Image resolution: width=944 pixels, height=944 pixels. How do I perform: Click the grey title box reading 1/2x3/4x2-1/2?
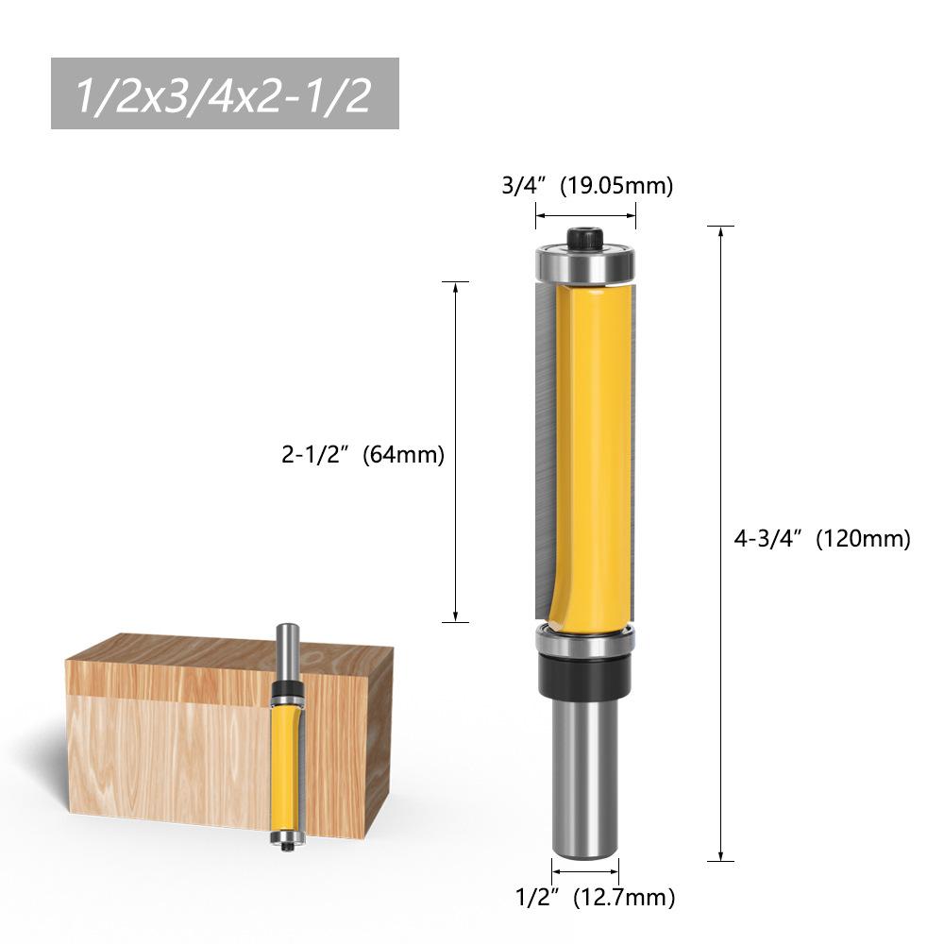pos(225,93)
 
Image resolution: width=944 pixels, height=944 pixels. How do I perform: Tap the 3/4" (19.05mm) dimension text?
pos(587,185)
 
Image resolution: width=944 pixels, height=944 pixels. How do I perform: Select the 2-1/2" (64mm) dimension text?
pos(363,454)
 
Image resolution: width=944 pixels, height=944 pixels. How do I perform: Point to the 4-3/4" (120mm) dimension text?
pos(822,538)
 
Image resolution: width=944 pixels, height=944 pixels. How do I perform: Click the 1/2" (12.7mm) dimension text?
pos(596,897)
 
